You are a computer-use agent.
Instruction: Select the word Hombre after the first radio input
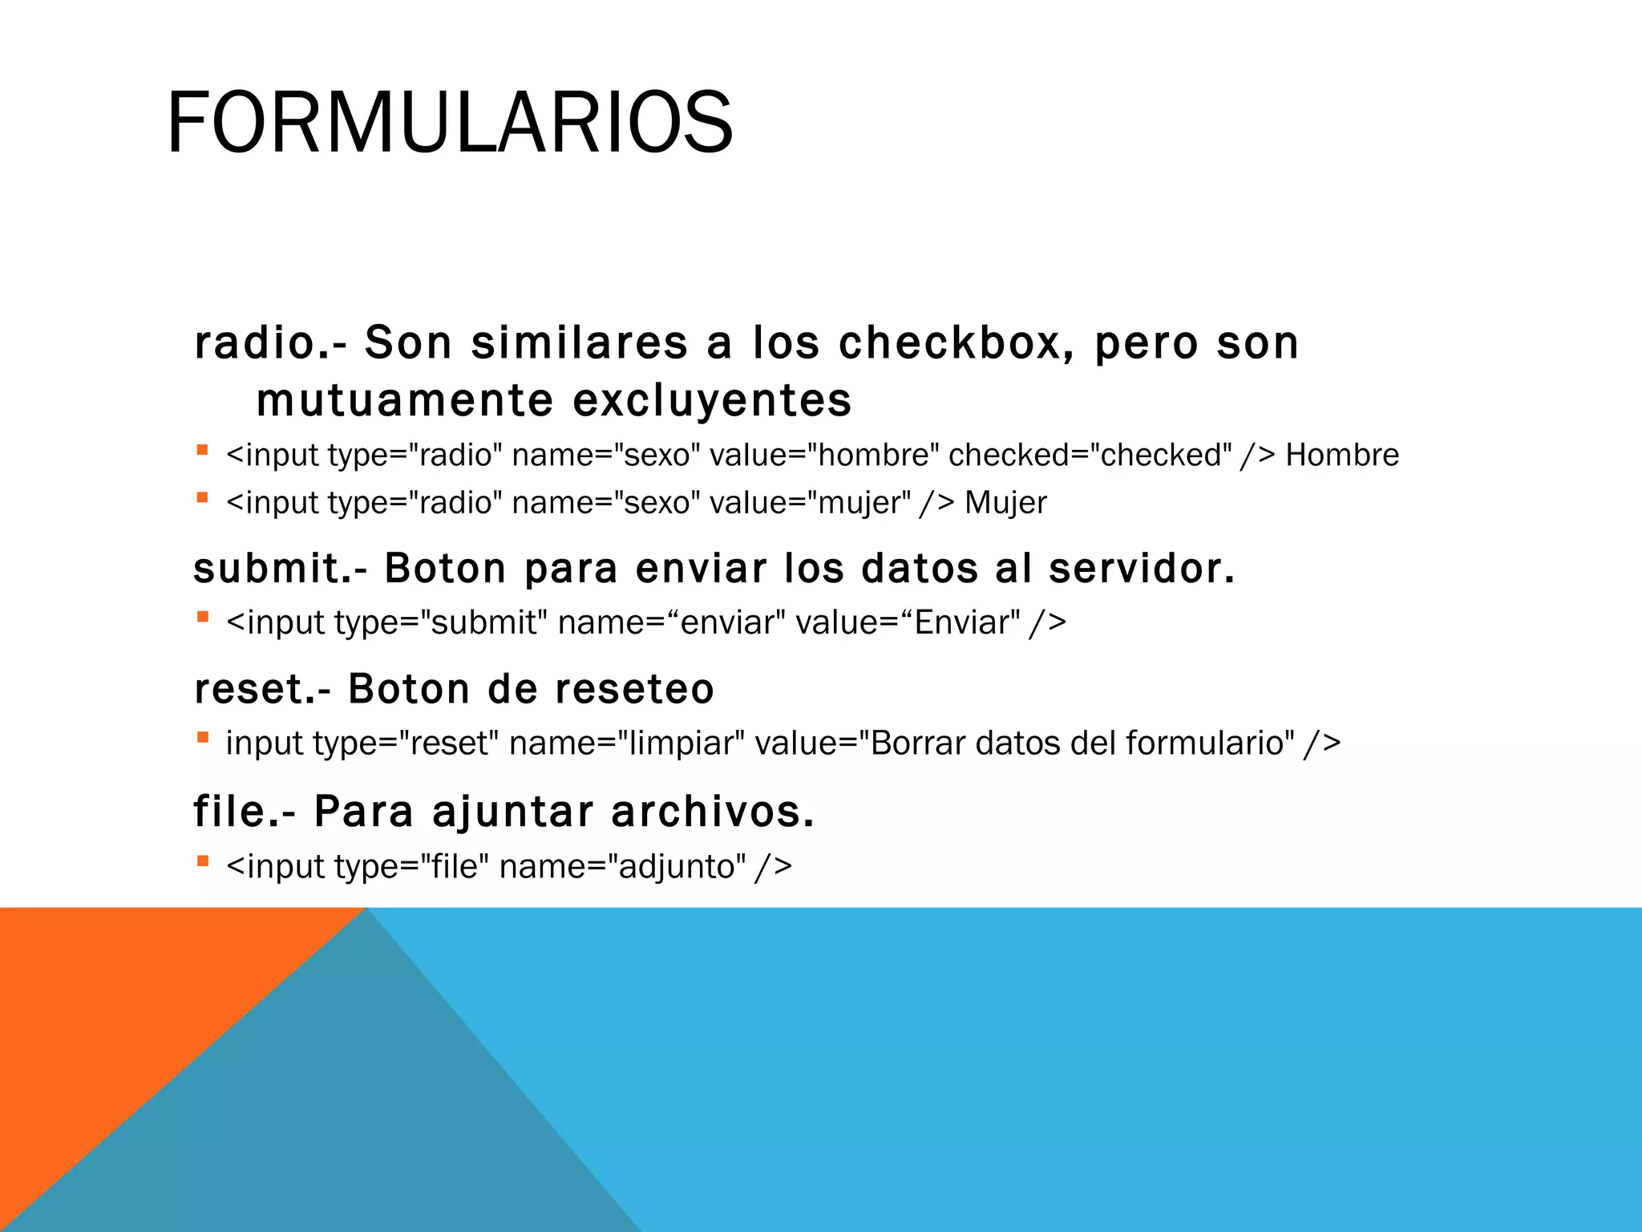tap(1341, 455)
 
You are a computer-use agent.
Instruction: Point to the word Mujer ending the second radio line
tap(1005, 503)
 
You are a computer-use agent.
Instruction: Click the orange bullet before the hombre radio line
tap(203, 451)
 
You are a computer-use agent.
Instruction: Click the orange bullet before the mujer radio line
tap(203, 498)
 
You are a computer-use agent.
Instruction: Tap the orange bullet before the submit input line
tap(203, 618)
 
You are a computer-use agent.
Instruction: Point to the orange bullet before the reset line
tap(203, 738)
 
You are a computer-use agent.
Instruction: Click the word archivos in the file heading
tap(712, 811)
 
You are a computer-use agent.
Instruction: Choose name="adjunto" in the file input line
tap(622, 867)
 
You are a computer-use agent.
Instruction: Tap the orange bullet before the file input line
tap(203, 862)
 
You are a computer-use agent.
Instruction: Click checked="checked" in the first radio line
tap(1090, 455)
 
